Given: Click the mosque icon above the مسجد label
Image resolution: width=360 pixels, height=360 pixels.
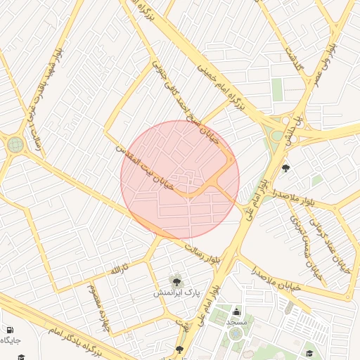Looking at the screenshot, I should (237, 311).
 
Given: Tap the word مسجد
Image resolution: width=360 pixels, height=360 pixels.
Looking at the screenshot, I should (236, 321).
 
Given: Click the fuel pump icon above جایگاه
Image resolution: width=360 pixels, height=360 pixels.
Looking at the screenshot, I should (8, 330).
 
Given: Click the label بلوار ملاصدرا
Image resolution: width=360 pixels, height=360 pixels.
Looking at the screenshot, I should (289, 197).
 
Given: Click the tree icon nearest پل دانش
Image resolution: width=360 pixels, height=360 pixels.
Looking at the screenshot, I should (285, 168).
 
